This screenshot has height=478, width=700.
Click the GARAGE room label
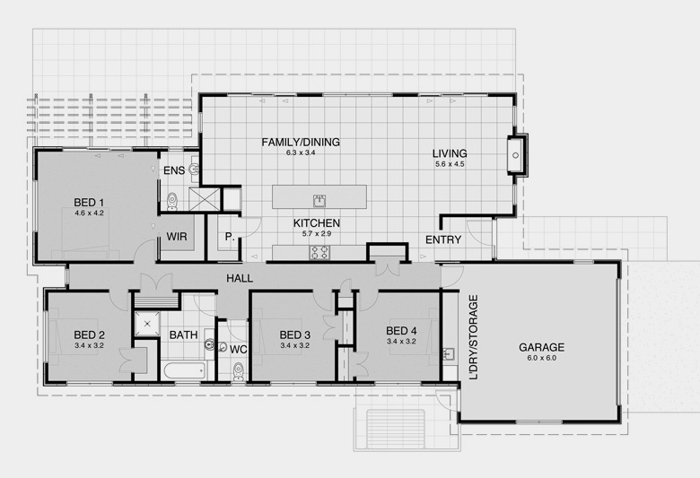(541, 347)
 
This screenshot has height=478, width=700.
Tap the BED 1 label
(89, 203)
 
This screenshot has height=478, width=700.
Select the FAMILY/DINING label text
(301, 143)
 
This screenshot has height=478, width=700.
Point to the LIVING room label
(450, 153)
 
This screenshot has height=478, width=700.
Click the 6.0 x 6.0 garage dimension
(541, 358)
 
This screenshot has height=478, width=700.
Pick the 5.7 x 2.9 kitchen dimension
(317, 233)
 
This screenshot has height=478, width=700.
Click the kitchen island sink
(319, 200)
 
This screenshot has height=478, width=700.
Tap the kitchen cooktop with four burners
(319, 253)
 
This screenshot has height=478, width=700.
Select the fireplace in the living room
(517, 155)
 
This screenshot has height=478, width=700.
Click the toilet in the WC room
(239, 371)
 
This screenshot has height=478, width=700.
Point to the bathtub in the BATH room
(184, 370)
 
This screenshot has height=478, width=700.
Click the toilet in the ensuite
(172, 201)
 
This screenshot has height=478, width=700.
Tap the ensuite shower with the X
(205, 199)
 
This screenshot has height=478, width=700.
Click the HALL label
(240, 279)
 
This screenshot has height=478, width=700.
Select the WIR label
(177, 237)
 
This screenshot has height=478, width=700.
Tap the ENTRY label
(443, 240)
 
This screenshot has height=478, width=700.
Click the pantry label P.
(230, 238)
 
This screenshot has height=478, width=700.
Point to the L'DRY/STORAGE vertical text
(473, 337)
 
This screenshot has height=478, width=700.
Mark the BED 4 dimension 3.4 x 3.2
(401, 342)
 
